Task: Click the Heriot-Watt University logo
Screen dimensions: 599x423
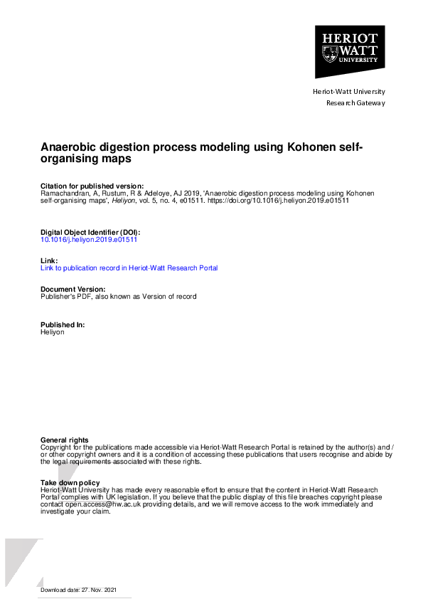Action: click(349, 51)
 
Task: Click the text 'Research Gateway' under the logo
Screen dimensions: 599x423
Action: click(355, 103)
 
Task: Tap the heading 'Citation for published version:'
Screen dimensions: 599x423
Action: click(92, 186)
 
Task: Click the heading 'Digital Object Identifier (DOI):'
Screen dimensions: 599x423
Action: click(90, 233)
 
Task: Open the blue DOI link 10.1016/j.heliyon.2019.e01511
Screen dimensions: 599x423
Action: click(89, 240)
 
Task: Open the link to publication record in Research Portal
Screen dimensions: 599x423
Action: click(129, 268)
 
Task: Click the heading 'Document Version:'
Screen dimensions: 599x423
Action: click(73, 289)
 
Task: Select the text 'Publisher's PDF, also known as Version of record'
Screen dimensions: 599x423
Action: click(118, 296)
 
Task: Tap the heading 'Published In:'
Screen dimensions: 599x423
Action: click(63, 324)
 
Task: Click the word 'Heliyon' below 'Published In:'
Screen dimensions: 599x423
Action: click(52, 332)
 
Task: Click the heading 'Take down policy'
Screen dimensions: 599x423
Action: click(70, 483)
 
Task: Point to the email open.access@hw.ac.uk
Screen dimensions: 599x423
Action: click(101, 504)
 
